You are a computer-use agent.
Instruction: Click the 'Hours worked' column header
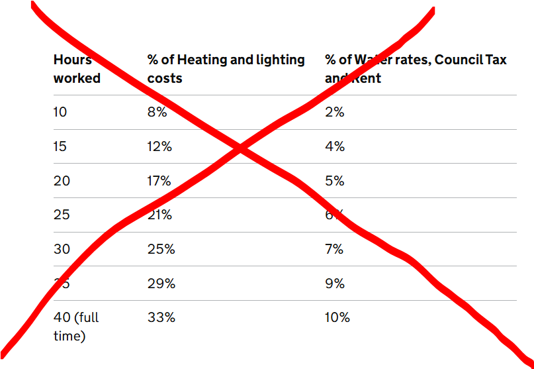[x=76, y=69]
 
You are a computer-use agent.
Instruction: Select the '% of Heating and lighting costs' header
[x=226, y=69]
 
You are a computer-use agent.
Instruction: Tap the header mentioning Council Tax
[x=416, y=69]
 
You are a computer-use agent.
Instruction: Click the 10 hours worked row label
[x=60, y=112]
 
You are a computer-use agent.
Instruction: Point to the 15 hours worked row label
[x=60, y=146]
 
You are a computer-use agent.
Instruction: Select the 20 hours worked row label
[x=62, y=181]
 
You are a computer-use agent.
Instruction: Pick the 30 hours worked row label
[x=62, y=249]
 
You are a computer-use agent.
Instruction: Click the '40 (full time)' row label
[x=75, y=327]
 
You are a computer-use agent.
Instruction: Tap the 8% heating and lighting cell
[x=157, y=112]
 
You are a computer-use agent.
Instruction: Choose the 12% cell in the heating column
[x=159, y=146]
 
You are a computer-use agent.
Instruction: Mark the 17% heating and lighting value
[x=159, y=181]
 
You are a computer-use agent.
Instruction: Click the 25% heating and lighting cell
[x=161, y=249]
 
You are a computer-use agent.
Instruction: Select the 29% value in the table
[x=161, y=284]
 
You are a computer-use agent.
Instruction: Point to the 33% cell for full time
[x=161, y=318]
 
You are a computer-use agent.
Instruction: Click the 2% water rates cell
[x=335, y=112]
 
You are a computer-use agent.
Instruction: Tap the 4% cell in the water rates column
[x=335, y=146]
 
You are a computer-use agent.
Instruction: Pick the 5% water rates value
[x=335, y=181]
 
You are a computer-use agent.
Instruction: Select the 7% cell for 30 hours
[x=335, y=249]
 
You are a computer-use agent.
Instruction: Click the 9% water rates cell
[x=335, y=284]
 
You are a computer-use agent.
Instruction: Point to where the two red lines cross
[x=241, y=150]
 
